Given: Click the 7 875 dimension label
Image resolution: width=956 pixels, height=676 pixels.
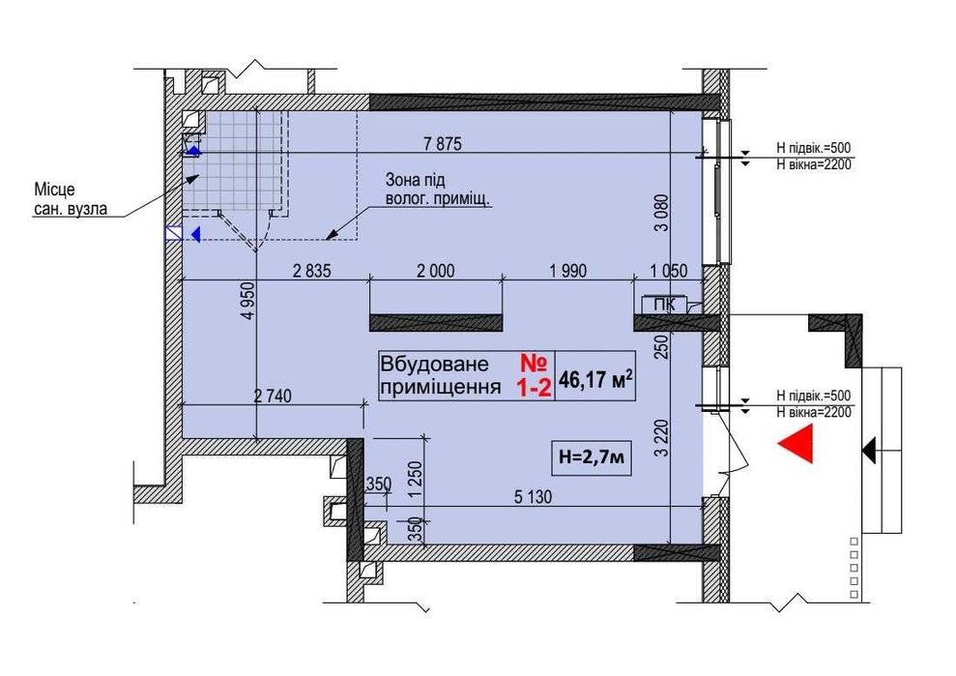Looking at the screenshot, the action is coord(443,144).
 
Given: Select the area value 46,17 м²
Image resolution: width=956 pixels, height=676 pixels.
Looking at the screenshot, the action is coord(595,379).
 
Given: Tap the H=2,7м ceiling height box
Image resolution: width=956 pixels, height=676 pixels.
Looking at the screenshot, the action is coord(591,457).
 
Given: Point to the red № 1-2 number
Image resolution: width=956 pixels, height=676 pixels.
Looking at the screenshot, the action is coord(535,376).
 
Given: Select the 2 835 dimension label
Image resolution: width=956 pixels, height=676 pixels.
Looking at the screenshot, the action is coord(312,271).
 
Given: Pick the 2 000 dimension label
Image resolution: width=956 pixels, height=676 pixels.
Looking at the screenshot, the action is coord(435,271).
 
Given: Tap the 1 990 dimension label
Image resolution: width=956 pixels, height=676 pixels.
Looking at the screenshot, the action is coord(568,271).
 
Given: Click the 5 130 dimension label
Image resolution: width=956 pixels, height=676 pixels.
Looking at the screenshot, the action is coord(533,497).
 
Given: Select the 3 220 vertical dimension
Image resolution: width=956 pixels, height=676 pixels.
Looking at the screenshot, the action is coord(663,438).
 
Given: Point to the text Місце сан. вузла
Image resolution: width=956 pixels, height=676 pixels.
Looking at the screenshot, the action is coord(71,199).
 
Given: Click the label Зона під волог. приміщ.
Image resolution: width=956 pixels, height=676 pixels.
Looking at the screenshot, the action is coord(438,190).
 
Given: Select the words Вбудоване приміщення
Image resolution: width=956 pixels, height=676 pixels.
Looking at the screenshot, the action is coord(440,375).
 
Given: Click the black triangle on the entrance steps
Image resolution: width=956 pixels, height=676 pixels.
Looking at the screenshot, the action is coord(869,451).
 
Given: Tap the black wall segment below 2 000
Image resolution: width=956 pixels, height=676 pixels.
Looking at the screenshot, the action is coord(436,322).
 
